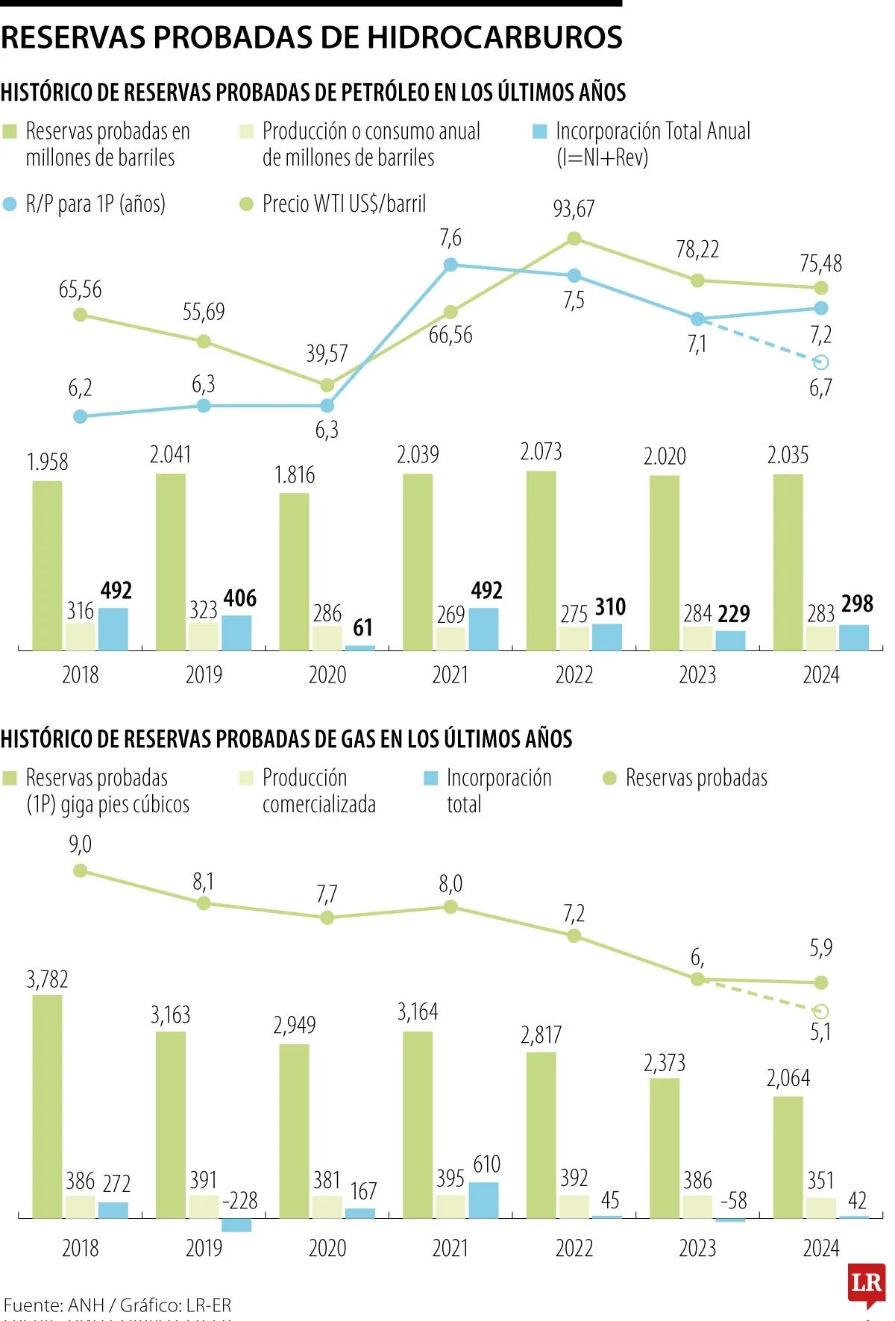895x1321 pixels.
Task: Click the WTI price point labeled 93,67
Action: tap(574, 239)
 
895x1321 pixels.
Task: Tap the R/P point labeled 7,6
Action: tap(450, 265)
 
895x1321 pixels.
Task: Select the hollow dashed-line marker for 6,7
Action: tap(821, 363)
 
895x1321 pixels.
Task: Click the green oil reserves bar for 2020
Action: tap(295, 571)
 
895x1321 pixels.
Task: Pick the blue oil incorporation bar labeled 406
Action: tap(236, 633)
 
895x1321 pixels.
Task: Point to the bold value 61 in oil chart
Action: tap(362, 628)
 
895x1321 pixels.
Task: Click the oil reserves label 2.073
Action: tap(541, 452)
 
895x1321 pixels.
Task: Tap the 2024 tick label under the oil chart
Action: tap(820, 675)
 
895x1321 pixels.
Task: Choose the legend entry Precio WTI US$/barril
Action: tap(343, 204)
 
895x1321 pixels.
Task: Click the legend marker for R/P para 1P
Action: tap(10, 204)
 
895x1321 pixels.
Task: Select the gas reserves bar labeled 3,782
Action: tap(48, 1106)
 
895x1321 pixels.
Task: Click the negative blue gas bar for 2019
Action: tap(236, 1225)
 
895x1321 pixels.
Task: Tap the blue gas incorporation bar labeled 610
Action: tap(483, 1199)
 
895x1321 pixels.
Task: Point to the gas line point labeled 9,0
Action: tap(81, 870)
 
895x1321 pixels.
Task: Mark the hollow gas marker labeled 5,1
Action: tap(821, 1012)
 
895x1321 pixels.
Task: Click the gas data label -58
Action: tap(733, 1201)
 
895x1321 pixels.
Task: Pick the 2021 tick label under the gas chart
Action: tap(450, 1249)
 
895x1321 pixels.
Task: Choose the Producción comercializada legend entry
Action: tap(318, 791)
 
